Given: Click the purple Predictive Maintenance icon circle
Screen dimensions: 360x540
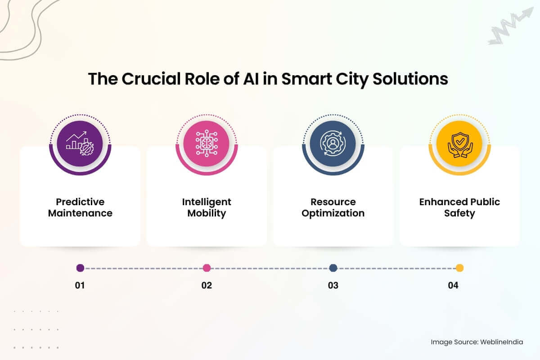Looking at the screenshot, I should click(x=80, y=144).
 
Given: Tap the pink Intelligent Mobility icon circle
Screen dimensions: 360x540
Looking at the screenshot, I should click(x=207, y=144).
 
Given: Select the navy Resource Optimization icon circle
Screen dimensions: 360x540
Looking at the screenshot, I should click(x=333, y=144).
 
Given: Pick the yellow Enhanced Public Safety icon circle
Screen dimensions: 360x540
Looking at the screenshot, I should click(x=459, y=144).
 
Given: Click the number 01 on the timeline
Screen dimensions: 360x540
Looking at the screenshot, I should click(x=80, y=285).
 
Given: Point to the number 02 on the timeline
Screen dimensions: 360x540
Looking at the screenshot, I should click(x=207, y=285).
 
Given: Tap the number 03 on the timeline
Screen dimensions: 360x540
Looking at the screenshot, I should click(x=333, y=285).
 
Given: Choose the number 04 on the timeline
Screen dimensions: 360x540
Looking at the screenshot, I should click(x=453, y=285).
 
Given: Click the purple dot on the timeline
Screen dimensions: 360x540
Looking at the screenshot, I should click(x=80, y=268).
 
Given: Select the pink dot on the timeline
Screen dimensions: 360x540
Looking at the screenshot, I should click(x=207, y=268).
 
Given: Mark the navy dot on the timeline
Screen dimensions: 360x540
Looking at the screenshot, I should click(x=333, y=268).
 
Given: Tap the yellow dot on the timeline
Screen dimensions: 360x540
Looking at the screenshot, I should click(x=459, y=268).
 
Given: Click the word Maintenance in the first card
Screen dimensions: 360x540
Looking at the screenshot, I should click(x=80, y=213).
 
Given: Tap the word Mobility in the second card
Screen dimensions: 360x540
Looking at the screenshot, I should click(x=207, y=213).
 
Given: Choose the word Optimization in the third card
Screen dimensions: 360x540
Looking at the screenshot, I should click(x=333, y=213).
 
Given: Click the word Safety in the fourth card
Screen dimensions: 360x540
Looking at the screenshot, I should click(x=459, y=213).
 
